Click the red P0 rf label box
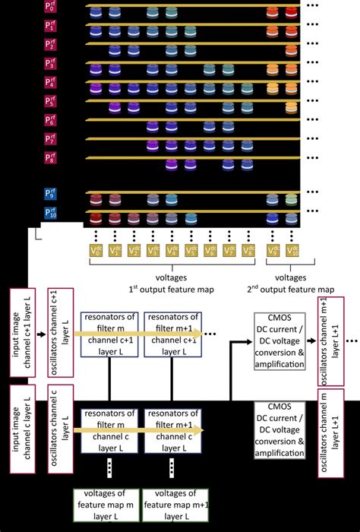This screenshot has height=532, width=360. [x=51, y=8]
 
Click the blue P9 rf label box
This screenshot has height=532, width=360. [x=51, y=196]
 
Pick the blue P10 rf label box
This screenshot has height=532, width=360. [x=51, y=214]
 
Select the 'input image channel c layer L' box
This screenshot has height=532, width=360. [x=24, y=431]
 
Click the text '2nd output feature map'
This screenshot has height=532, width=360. [x=291, y=290]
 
